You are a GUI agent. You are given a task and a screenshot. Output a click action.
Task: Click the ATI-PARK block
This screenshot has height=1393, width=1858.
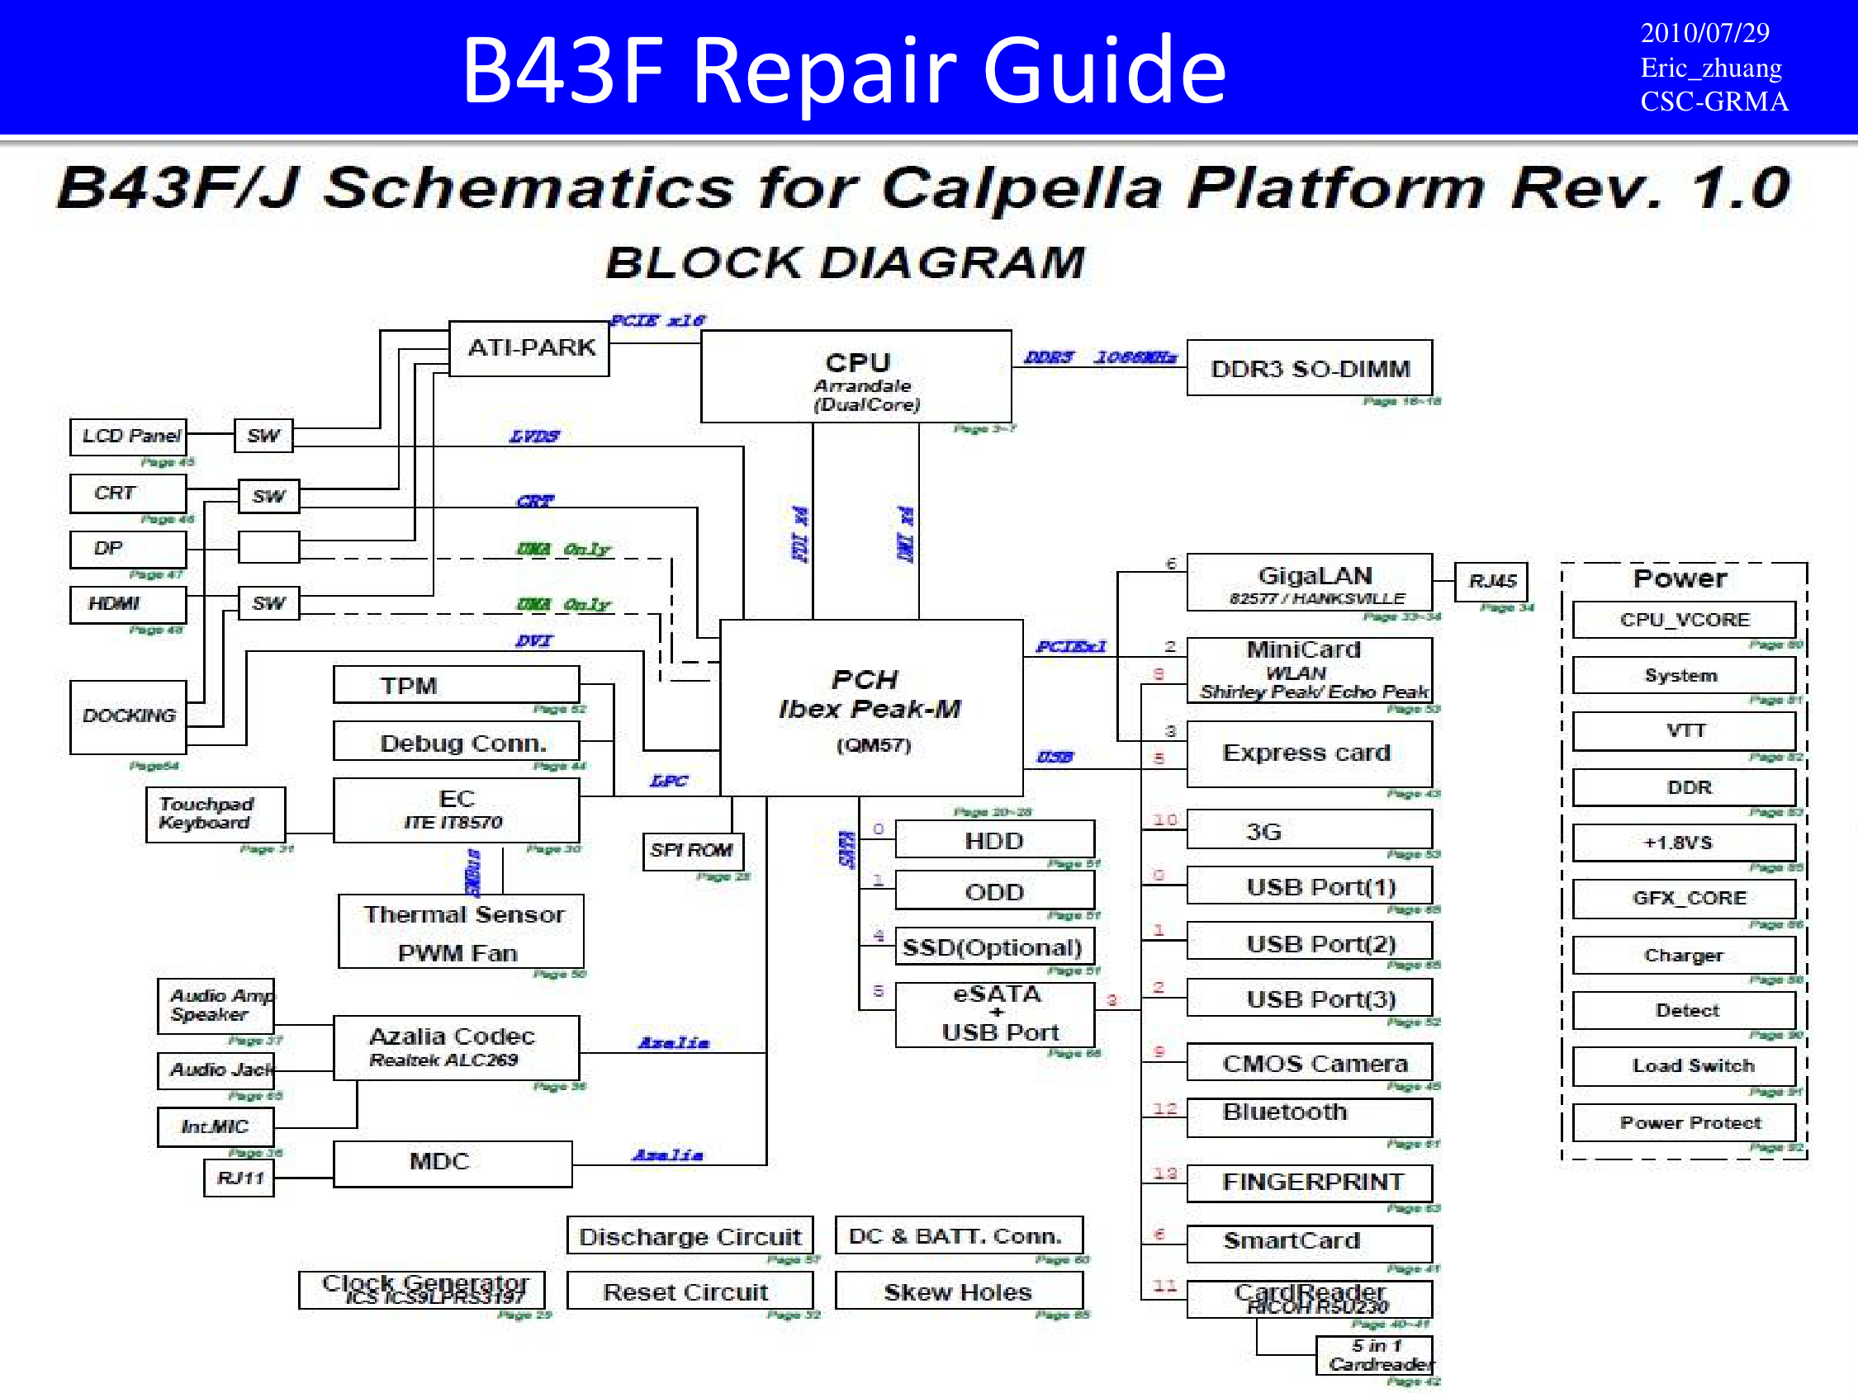point(529,347)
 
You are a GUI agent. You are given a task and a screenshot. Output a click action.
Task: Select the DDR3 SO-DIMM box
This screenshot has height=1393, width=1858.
point(1309,368)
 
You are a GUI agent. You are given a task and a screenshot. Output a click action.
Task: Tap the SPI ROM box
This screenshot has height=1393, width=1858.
point(692,851)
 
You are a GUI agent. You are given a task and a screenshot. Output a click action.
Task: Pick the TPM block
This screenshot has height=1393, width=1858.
point(455,685)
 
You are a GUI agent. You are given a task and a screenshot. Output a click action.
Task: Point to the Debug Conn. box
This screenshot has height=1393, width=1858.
point(455,742)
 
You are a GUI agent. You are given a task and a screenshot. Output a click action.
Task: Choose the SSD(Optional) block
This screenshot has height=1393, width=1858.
point(993,947)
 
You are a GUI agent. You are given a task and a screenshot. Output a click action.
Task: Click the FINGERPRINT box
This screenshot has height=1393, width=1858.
point(1309,1183)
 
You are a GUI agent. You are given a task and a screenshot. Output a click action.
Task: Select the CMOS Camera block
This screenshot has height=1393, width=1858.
point(1309,1063)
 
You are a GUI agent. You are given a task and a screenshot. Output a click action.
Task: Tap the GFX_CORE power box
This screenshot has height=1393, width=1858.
point(1683,899)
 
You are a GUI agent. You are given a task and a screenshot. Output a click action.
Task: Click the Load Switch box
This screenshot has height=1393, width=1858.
point(1683,1065)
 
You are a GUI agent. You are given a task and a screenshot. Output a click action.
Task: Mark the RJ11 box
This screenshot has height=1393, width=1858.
point(239,1178)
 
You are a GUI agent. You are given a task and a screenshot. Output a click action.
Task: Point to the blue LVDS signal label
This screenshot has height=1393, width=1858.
point(534,436)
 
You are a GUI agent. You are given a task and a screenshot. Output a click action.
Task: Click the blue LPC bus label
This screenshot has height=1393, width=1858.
point(669,781)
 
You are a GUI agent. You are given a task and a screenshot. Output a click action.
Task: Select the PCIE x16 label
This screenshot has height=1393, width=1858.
point(656,320)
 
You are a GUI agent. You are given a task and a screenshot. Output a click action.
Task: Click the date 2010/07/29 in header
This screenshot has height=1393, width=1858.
point(1704,33)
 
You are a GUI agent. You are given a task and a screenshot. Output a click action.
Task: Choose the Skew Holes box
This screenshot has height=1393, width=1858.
point(959,1291)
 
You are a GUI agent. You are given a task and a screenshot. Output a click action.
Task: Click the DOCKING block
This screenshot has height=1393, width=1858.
point(129,716)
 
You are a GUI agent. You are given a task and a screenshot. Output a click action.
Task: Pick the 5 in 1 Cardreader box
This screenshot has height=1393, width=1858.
point(1374,1355)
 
